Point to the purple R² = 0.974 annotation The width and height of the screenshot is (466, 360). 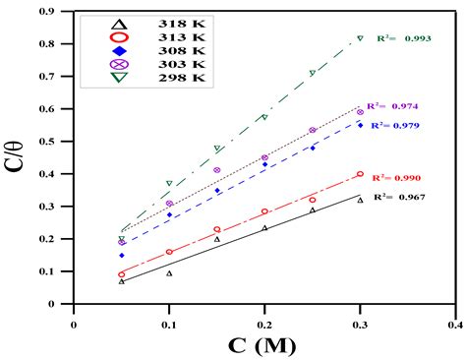coord(393,106)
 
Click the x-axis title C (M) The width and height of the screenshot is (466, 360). coord(261,345)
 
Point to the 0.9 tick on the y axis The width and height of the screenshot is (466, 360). coord(60,12)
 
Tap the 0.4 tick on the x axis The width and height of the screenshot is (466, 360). coord(455,319)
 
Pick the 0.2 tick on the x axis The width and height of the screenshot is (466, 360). coord(264,319)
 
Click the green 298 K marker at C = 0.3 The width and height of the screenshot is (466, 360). coord(360,38)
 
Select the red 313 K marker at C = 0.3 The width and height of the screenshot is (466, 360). coord(360,174)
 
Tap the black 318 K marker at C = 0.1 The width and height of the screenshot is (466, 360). coord(169,273)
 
